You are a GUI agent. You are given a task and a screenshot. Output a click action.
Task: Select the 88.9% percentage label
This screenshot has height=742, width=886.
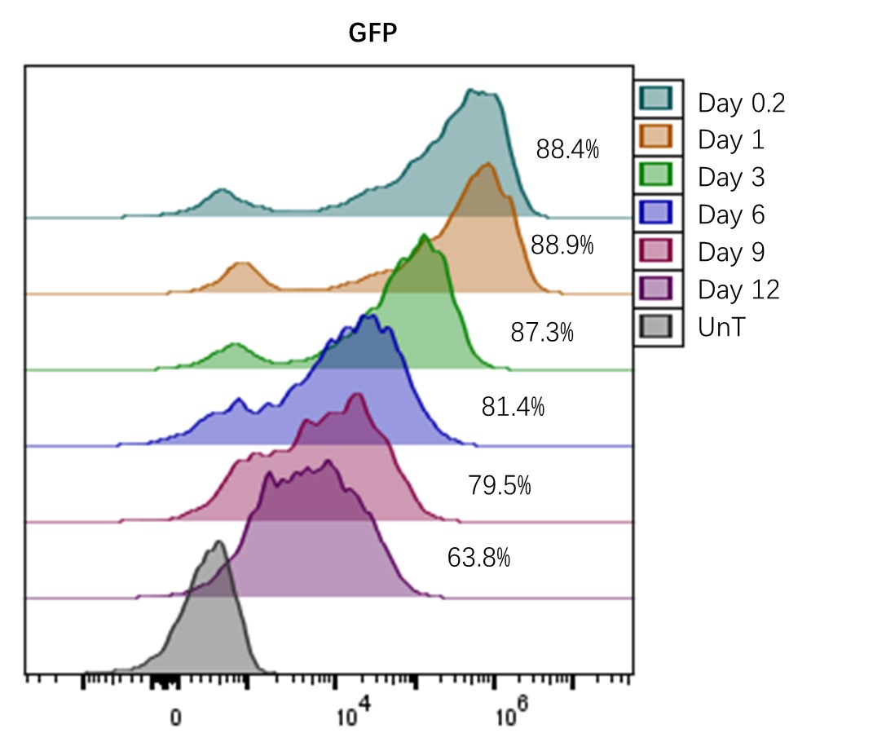coord(562,245)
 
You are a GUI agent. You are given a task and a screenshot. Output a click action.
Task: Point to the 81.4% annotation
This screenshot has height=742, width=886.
coord(513,407)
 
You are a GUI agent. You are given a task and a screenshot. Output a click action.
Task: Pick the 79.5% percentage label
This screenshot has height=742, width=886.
coord(500,486)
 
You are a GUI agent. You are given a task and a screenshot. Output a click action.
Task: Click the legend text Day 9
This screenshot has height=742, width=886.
coord(731,253)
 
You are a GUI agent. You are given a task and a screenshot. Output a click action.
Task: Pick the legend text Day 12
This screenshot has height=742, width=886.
coord(738,289)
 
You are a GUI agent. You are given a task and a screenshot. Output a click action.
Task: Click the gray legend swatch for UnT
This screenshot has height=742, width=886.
coord(657,327)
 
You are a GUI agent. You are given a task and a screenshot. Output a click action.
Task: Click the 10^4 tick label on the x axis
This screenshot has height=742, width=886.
coord(351,715)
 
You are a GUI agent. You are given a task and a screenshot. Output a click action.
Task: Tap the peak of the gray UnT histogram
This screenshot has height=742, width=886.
coord(218,543)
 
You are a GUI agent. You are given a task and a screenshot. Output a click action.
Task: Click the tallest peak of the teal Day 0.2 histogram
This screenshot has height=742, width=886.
coord(470,92)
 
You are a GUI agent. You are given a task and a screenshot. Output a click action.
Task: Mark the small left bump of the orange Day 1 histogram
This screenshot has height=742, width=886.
coord(241,265)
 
